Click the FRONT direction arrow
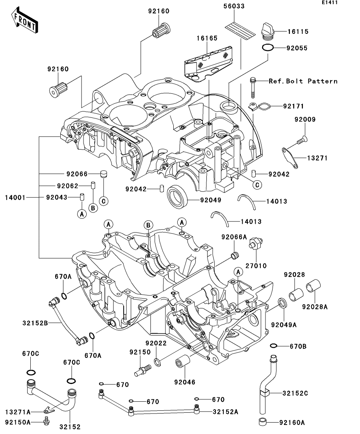pyautogui.click(x=25, y=20)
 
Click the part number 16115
pyautogui.click(x=298, y=31)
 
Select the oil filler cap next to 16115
pyautogui.click(x=268, y=31)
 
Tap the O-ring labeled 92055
pyautogui.click(x=268, y=48)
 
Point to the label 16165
pyautogui.click(x=207, y=38)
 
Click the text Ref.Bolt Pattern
pyautogui.click(x=303, y=81)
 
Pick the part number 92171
pyautogui.click(x=293, y=106)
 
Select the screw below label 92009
pyautogui.click(x=302, y=140)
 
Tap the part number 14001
pyautogui.click(x=15, y=198)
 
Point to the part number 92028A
pyautogui.click(x=315, y=307)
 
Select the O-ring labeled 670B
pyautogui.click(x=273, y=346)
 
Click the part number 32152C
pyautogui.click(x=295, y=393)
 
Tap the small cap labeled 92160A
pyautogui.click(x=263, y=422)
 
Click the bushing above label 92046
pyautogui.click(x=183, y=362)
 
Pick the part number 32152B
pyautogui.click(x=35, y=323)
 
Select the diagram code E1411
pyautogui.click(x=330, y=2)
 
